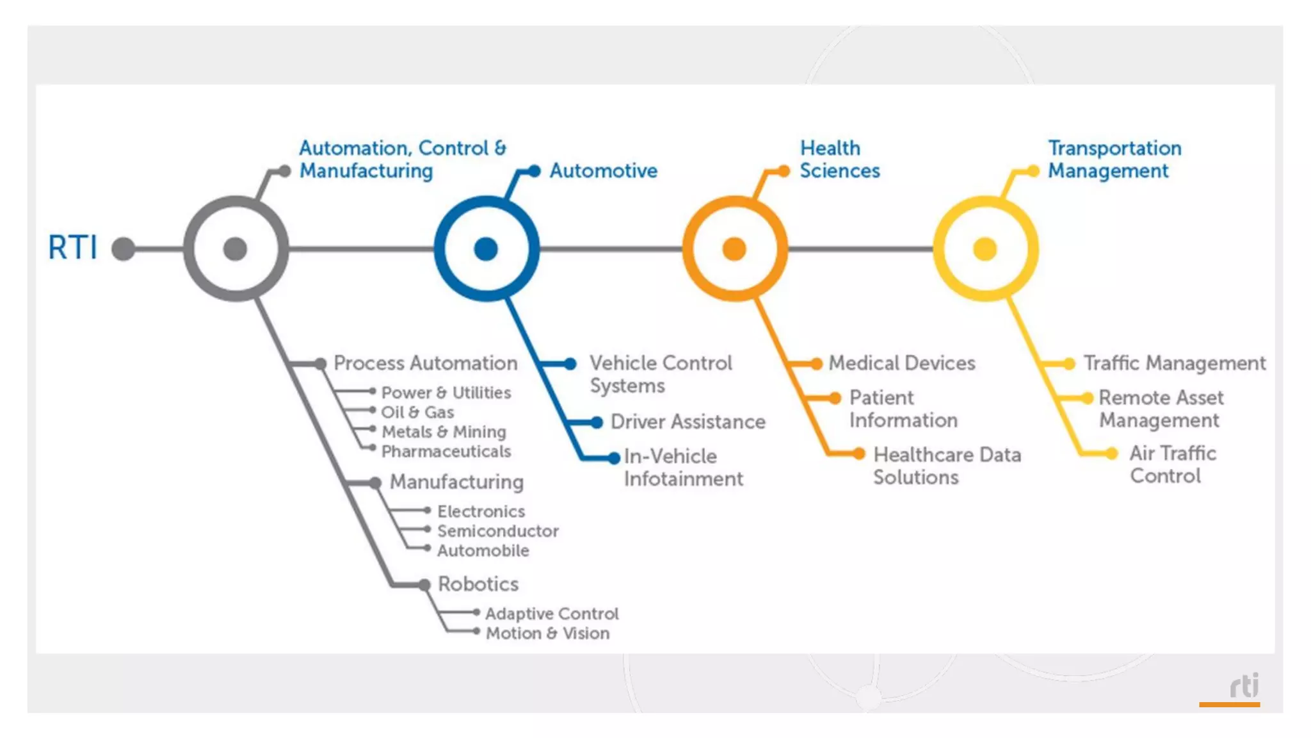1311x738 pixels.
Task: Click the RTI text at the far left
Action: pos(73,247)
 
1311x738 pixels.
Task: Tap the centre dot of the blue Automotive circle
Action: pos(486,249)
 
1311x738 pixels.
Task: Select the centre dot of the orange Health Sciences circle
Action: pos(734,249)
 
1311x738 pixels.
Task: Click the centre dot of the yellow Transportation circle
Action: pos(985,249)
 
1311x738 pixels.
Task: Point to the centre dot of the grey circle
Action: pos(235,249)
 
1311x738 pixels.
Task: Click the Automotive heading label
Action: pos(603,170)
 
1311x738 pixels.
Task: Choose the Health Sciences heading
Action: pos(839,160)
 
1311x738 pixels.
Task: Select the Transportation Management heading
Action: pos(1114,160)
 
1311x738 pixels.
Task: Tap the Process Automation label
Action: pos(425,363)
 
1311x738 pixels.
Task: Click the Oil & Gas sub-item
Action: pos(417,412)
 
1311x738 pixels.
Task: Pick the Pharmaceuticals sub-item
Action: pos(446,452)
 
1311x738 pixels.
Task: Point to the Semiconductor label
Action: pos(497,531)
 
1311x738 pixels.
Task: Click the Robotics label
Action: pos(478,584)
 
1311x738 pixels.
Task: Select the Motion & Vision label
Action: pos(547,634)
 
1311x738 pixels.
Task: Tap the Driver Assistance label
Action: pos(688,422)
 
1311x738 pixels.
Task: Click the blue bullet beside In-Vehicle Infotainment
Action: pos(613,457)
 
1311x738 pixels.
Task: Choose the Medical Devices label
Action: pos(901,363)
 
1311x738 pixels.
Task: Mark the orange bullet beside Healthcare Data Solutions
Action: pos(859,454)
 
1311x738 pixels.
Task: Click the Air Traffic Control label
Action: pos(1172,464)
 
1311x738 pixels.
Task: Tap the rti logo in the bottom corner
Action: pos(1243,687)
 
